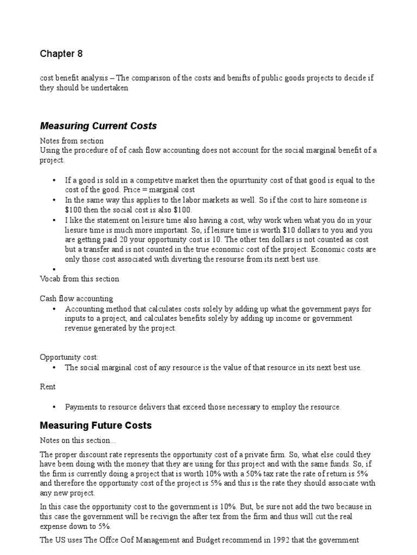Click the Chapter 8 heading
coord(61,54)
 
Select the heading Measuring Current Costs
coord(98,126)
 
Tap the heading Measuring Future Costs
coord(96,425)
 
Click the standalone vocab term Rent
coord(48,387)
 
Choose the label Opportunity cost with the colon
coord(69,357)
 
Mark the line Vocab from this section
coord(79,279)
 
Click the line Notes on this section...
coord(76,440)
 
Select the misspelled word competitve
coord(142,180)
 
